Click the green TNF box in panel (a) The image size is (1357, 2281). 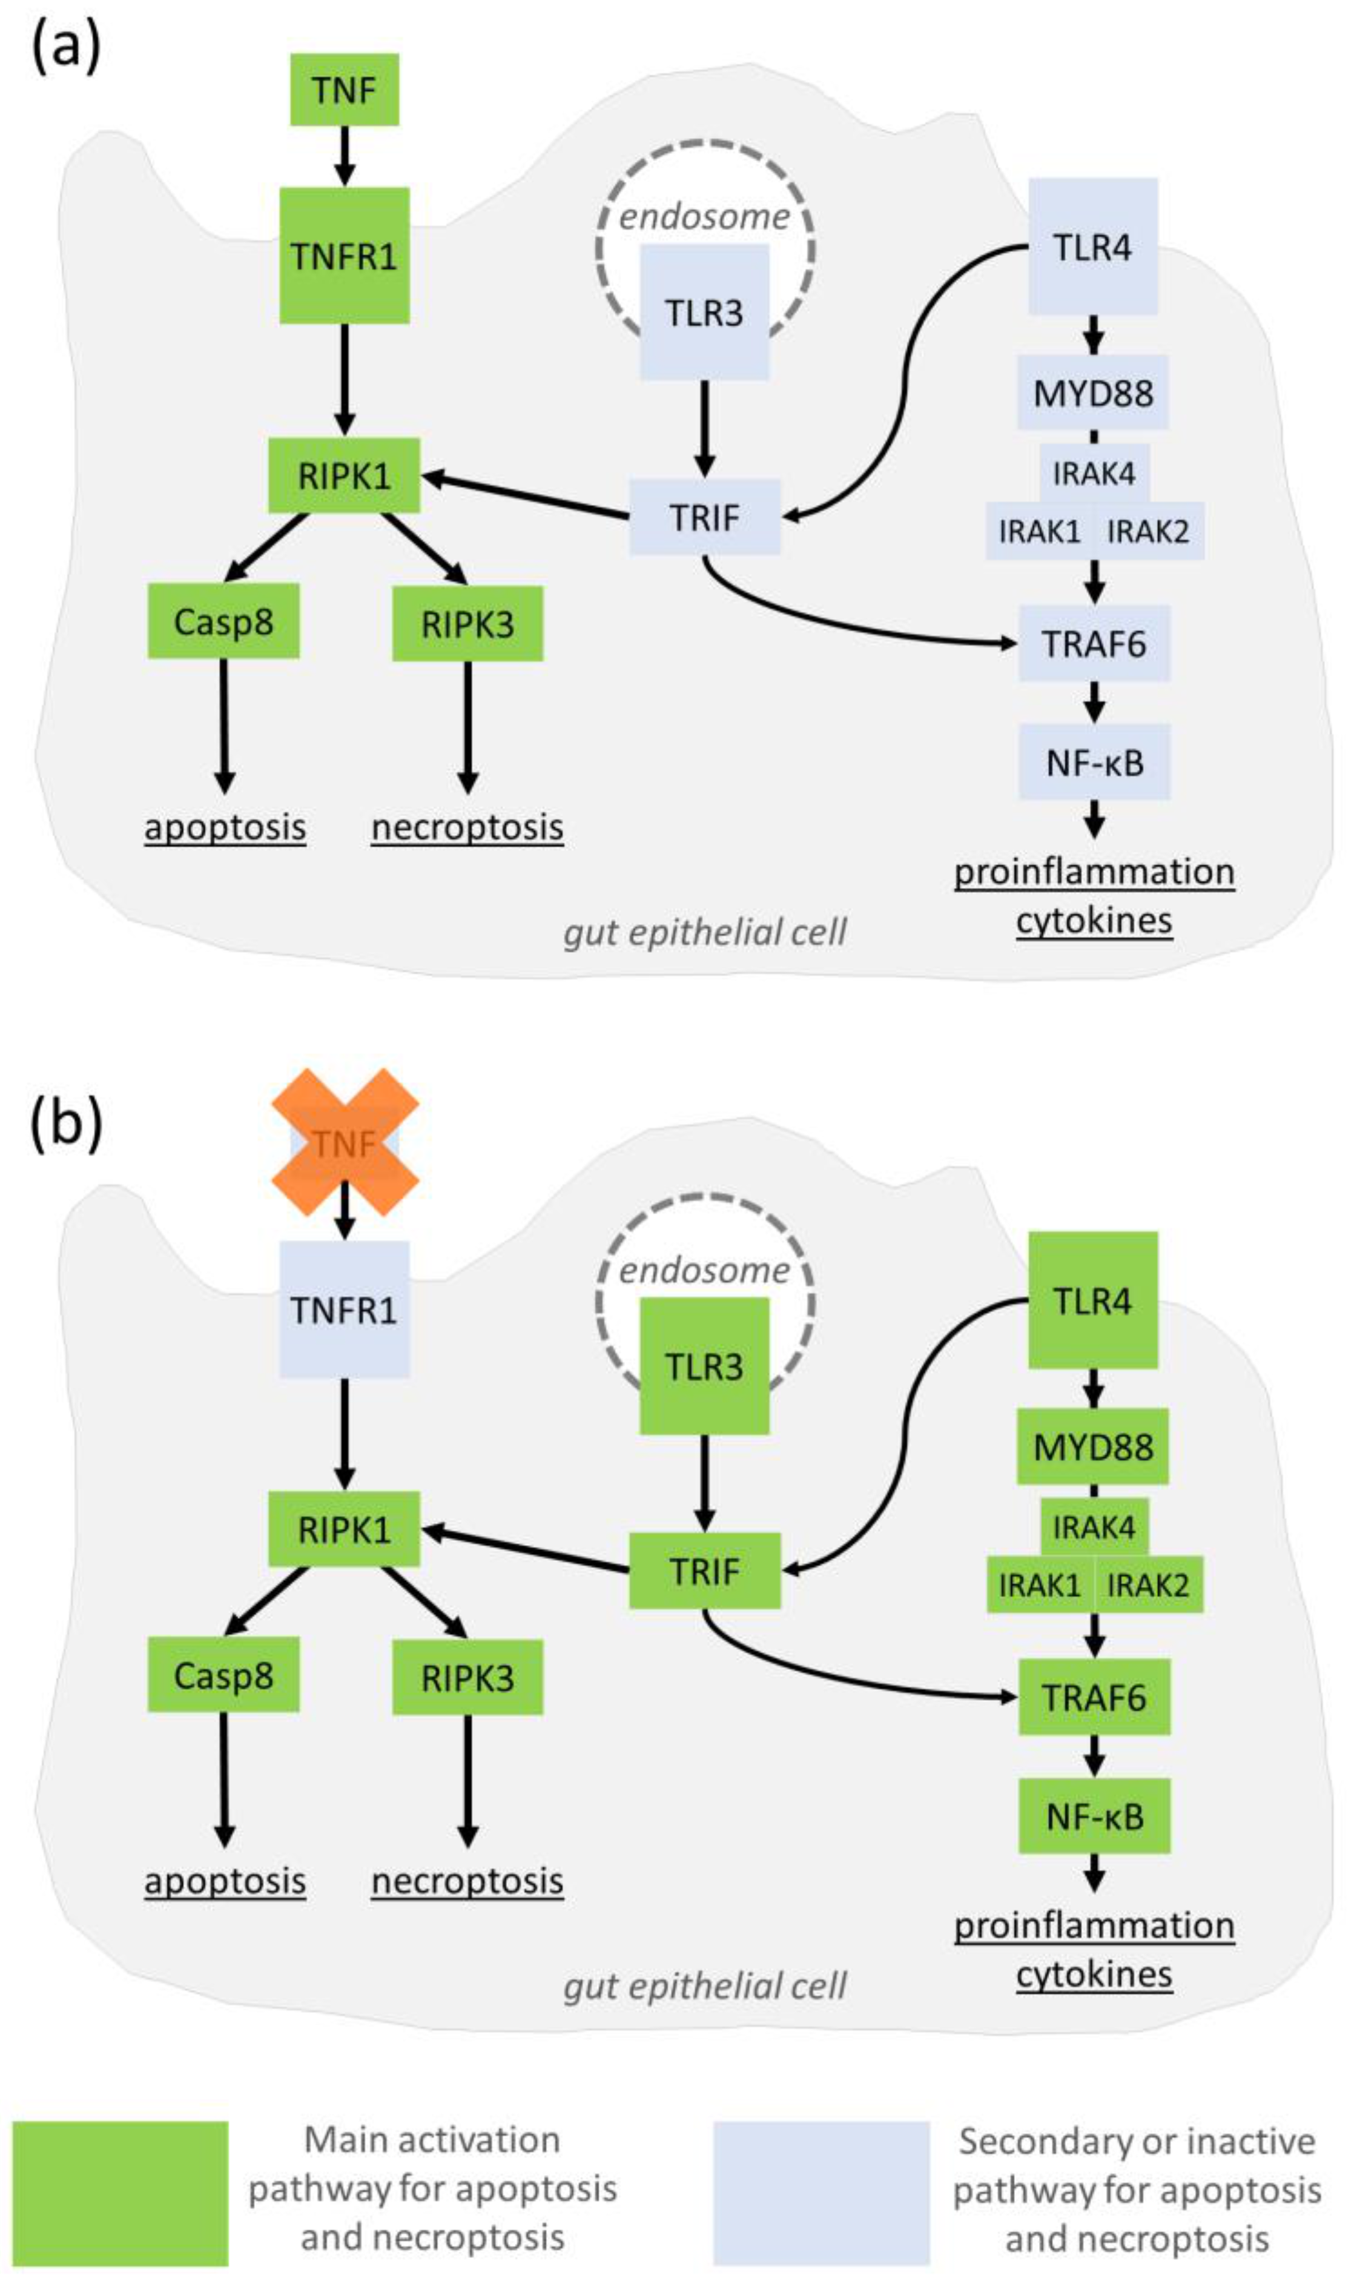[344, 90]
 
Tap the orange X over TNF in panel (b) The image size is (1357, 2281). [345, 1142]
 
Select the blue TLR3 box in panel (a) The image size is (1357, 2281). [703, 313]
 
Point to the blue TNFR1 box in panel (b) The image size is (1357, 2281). [344, 1309]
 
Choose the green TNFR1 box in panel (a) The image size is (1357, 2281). [344, 256]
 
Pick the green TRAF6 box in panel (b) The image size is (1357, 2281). [1094, 1698]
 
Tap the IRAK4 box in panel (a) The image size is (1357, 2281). [1094, 473]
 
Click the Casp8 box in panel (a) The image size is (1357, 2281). [223, 622]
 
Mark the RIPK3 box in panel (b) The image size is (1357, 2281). [467, 1677]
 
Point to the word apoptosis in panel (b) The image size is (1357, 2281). [225, 1881]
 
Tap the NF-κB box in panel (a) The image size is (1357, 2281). [1094, 762]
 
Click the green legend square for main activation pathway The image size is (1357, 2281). [120, 2193]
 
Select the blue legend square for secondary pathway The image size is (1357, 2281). [821, 2193]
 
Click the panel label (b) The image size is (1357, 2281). [66, 1124]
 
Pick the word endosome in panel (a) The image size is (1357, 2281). [704, 217]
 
